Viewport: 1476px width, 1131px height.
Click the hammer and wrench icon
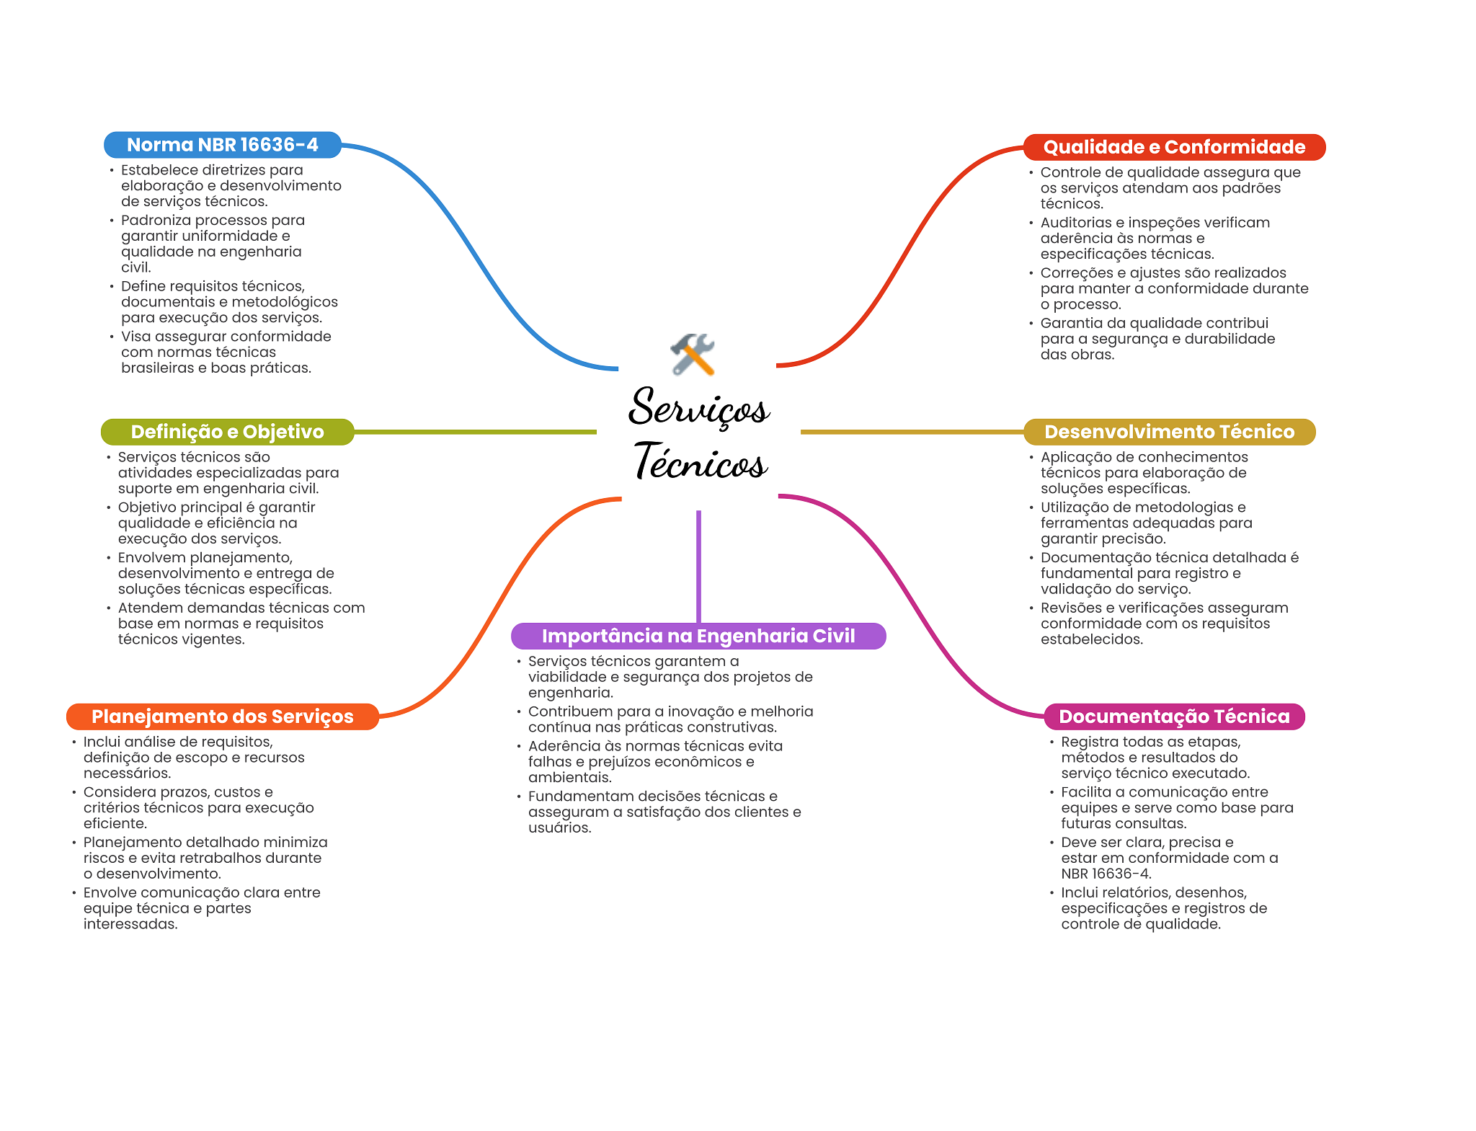coord(692,354)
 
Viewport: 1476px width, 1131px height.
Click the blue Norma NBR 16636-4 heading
coord(223,145)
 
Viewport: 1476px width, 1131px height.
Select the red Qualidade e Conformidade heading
coord(1174,147)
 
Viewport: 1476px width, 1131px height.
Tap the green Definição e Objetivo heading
coord(228,432)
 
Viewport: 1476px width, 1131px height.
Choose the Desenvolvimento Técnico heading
coord(1170,432)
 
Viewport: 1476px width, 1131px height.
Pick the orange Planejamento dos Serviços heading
coord(223,717)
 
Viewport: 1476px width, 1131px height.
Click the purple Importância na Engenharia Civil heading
coord(698,636)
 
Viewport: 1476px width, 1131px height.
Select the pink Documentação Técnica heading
coord(1175,717)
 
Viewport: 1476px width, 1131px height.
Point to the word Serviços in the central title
coord(699,407)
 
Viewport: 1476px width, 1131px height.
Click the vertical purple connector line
coord(698,567)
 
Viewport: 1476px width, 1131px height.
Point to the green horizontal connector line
coord(476,432)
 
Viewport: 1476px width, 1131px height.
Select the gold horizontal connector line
coord(912,432)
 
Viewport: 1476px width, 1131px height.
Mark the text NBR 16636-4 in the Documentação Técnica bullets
coord(1106,874)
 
